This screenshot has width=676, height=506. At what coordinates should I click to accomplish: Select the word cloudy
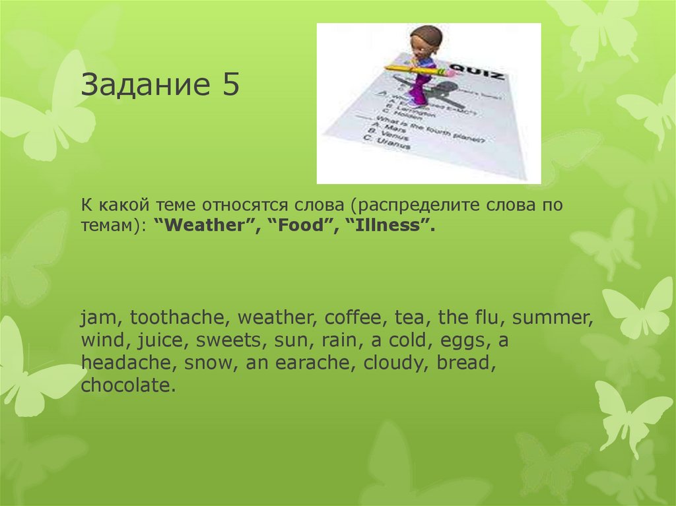point(403,363)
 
